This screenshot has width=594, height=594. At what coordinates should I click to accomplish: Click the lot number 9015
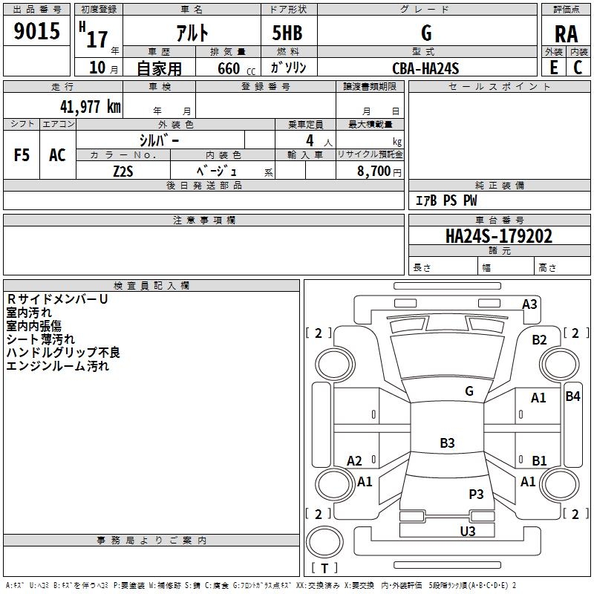click(36, 32)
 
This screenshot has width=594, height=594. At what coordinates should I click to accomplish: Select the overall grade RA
click(566, 34)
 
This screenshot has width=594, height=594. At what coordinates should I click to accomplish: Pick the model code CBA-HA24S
click(425, 68)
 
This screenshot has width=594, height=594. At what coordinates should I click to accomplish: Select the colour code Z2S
click(123, 170)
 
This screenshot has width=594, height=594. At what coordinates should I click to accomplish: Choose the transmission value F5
click(22, 154)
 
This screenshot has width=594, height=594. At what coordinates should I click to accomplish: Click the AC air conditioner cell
click(57, 154)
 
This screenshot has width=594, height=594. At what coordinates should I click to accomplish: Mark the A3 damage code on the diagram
click(529, 304)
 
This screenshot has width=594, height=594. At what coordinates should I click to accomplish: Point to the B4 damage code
click(572, 396)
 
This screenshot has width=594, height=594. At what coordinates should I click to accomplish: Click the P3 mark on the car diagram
click(476, 494)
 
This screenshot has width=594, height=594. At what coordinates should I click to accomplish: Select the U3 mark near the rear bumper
click(468, 531)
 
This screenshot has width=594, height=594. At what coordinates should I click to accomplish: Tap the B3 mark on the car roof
click(446, 443)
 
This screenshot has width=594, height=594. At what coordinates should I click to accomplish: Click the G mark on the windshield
click(469, 391)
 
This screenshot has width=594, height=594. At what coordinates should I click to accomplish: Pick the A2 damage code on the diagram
click(354, 461)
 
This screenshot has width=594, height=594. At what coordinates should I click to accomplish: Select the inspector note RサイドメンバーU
click(56, 298)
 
